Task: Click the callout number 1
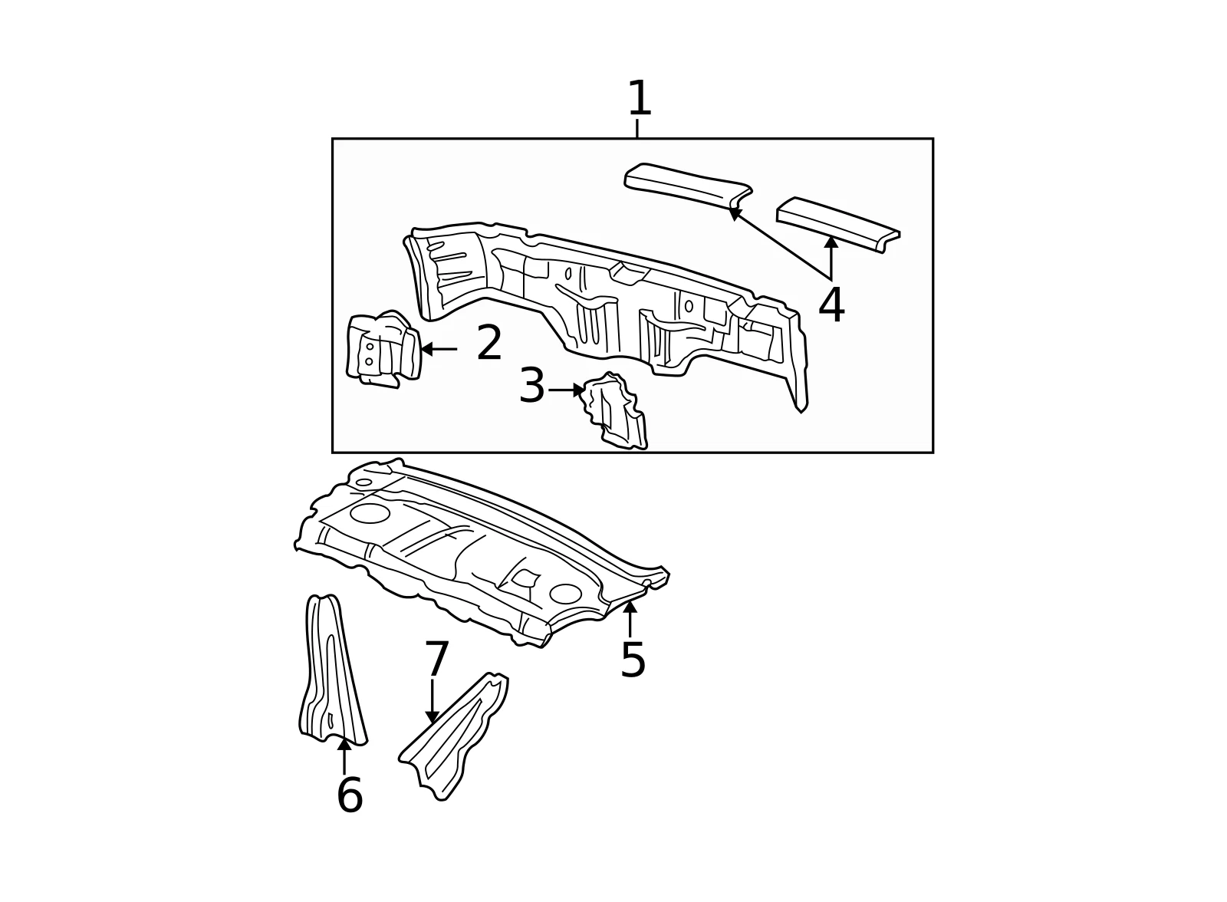coord(640,98)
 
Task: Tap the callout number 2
coord(489,343)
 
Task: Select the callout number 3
coord(531,385)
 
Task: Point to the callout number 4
coord(831,305)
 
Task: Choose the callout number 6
coord(350,795)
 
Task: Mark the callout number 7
coord(436,658)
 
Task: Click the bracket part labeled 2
coord(383,349)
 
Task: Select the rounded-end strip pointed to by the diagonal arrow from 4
coord(688,185)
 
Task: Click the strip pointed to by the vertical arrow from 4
coord(838,225)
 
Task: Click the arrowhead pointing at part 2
coord(426,349)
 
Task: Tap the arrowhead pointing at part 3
coord(579,390)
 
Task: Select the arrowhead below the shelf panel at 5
coord(630,607)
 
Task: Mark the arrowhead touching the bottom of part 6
coord(344,744)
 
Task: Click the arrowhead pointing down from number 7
coord(433,717)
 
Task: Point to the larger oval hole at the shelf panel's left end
coord(370,513)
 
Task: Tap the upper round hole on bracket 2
coord(370,347)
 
